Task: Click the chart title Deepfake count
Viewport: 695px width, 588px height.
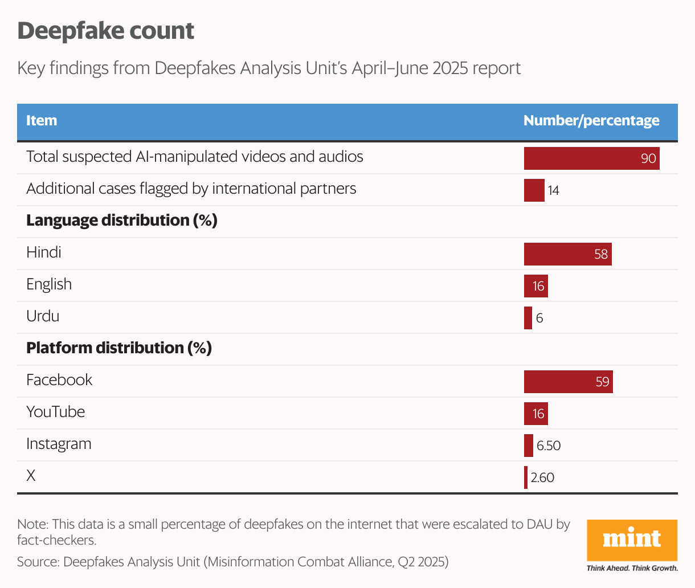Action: coord(106,31)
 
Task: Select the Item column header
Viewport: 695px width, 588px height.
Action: coord(42,121)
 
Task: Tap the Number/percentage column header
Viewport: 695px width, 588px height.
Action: coord(591,121)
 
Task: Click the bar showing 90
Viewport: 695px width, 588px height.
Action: coord(591,158)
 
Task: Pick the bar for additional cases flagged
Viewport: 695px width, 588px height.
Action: coord(534,190)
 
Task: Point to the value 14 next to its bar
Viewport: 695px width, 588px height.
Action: coord(553,191)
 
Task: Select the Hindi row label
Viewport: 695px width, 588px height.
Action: coord(44,252)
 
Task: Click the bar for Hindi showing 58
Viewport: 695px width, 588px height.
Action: coord(567,254)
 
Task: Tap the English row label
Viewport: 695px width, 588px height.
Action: coord(49,284)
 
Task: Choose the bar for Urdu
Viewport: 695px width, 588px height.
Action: coord(528,318)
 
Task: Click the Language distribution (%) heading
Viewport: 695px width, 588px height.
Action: coord(122,220)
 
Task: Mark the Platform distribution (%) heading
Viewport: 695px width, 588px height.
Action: coord(119,348)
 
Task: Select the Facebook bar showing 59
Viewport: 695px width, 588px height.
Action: coord(568,382)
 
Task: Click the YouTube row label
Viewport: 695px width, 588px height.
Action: coord(56,412)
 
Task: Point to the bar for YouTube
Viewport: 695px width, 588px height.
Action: coord(535,414)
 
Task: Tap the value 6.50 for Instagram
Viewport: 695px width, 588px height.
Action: coord(549,446)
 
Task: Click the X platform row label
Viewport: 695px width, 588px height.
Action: coord(31,476)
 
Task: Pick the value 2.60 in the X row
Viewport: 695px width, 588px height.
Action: coord(542,477)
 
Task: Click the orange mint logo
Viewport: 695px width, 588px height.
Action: coord(632,540)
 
